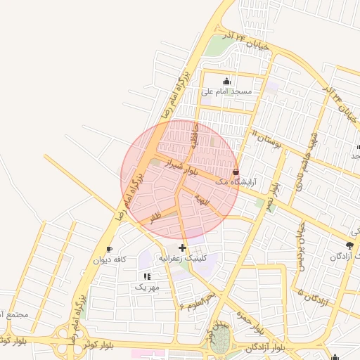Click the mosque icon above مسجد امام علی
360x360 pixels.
pos(226,81)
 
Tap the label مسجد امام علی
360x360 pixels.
pos(226,91)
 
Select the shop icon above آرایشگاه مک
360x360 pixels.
pos(235,172)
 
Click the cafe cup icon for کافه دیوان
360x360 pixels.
pos(109,249)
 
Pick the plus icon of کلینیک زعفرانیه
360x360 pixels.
pos(183,247)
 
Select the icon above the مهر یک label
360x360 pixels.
pos(147,276)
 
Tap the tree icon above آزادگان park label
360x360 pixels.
pos(349,245)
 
